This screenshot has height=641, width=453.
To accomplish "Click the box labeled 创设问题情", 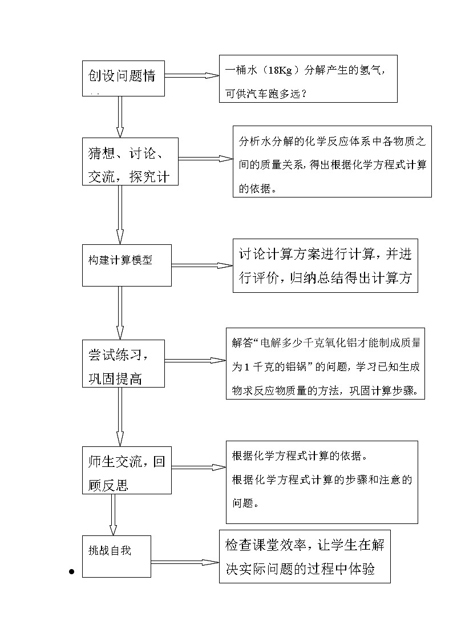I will coord(123,78).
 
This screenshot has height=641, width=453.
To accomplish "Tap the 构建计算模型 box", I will coord(127,265).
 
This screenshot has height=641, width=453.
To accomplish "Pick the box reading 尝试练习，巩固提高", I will coord(123,363).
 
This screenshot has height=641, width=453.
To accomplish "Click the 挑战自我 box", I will coord(116,555).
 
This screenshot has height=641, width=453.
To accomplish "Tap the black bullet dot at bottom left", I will coord(72,571).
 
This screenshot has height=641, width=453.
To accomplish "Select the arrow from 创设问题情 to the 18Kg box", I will coord(192,76).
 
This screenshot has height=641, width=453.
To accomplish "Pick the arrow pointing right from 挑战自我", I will coord(185,562).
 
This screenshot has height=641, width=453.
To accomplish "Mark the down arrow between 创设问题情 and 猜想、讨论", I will coord(120,117).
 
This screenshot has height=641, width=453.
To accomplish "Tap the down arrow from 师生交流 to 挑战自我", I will coord(113,514).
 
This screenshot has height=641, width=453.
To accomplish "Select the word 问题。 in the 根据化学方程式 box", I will coord(247,503).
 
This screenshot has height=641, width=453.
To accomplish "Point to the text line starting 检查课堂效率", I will coord(305,545).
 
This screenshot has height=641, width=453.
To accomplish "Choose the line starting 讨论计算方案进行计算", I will coord(325,255).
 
